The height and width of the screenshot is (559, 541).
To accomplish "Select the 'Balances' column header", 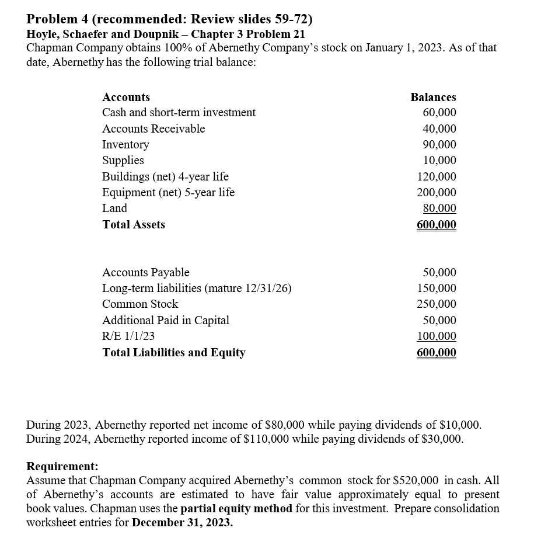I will (433, 97).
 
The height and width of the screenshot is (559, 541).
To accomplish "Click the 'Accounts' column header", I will (126, 97).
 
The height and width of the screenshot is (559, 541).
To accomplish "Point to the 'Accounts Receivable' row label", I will (153, 129).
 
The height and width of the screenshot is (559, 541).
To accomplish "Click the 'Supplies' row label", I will (123, 160).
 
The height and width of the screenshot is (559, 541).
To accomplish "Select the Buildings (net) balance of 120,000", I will (437, 176).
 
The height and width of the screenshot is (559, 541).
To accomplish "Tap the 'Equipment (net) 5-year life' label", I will (168, 192).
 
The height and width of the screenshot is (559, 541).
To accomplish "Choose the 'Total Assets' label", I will (134, 224).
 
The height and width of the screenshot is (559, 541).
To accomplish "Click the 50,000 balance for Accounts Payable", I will (440, 272).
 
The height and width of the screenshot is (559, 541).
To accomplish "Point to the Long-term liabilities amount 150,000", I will (437, 288).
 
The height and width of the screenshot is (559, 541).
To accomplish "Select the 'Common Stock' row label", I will (140, 304).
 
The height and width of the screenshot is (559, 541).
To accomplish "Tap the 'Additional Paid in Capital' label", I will (166, 320).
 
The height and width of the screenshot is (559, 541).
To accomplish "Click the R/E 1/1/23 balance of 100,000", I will (437, 336).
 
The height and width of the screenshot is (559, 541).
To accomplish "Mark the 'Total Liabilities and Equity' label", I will (174, 352).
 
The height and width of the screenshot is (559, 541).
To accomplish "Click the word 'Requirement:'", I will (62, 467).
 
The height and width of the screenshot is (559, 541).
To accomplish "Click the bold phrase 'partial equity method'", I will (236, 508).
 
